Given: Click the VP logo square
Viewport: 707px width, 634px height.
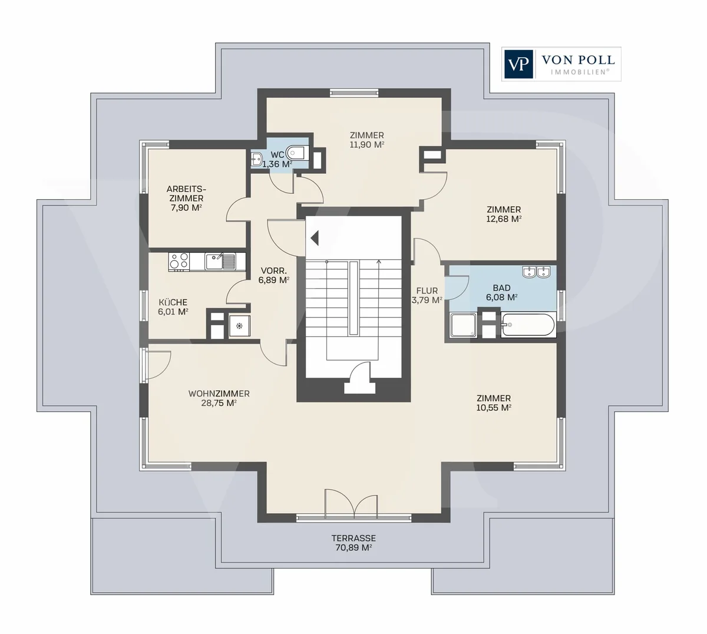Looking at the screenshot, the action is point(518,64).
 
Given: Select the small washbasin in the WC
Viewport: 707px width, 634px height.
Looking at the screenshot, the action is point(256,159).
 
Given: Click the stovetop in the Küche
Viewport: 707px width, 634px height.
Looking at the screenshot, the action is point(179,262).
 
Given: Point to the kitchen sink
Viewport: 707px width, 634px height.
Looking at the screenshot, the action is point(220,262).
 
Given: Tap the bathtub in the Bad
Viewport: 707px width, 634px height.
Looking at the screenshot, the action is point(528,325).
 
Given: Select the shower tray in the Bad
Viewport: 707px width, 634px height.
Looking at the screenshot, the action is point(464,325).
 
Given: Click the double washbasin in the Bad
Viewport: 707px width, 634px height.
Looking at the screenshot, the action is point(536,272).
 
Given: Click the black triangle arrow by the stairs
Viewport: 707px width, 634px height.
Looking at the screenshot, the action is point(315,239).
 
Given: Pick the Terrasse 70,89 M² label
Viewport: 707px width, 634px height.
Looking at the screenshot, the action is point(353,543).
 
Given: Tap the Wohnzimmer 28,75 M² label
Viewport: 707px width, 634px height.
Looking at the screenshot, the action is point(219,398).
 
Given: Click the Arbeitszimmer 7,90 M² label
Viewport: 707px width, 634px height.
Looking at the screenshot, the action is point(186,199).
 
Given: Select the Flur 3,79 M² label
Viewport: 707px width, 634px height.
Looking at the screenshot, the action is point(427,295).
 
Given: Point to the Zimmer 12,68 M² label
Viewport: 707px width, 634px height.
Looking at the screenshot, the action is point(504,214).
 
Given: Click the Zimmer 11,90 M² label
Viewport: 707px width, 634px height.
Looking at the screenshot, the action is point(367,140).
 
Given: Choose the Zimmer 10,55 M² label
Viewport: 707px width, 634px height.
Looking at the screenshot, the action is point(494,403).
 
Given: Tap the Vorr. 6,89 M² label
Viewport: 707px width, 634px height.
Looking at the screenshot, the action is point(274,275).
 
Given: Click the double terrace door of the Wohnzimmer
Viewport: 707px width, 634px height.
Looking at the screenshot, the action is point(351,503).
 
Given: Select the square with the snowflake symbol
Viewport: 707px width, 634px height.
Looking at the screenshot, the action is point(239,326).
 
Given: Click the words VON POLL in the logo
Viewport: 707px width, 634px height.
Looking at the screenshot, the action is point(578,60).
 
